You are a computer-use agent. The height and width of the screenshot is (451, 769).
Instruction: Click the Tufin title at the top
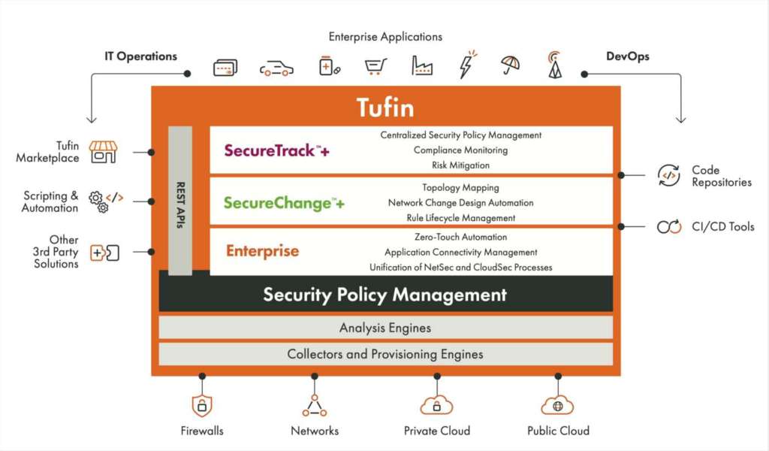coord(385,107)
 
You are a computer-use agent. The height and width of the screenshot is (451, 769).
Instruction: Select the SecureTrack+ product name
coord(276,150)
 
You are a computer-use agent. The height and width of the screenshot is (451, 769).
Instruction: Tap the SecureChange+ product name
coord(284,203)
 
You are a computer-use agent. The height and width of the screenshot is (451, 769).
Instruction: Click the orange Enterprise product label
coord(262,251)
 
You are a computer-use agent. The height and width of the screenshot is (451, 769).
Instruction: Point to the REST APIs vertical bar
coord(180,199)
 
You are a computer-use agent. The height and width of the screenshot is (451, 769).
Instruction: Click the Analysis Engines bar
coord(385,328)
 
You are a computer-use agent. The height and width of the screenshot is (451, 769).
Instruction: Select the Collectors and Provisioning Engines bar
coord(385,353)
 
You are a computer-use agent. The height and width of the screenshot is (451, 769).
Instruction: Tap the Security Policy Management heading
coord(385,295)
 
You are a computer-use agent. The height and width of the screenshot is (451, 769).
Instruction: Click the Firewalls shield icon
coord(201,405)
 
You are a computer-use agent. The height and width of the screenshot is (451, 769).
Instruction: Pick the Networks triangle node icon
coord(315,405)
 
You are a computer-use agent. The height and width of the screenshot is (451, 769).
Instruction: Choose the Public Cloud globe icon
coord(557,405)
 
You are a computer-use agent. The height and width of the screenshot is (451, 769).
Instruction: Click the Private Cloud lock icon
coord(436,405)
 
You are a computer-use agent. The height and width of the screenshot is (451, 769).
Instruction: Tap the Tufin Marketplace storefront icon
coord(103,152)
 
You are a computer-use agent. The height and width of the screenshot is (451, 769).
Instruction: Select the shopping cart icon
coord(375,67)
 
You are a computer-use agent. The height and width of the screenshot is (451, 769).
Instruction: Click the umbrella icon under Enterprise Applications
coord(511,65)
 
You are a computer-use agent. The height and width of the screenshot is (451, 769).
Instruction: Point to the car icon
coord(276,68)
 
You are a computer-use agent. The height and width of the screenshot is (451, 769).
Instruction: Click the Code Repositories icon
coord(668,175)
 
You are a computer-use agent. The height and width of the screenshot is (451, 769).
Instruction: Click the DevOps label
coord(628,56)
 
